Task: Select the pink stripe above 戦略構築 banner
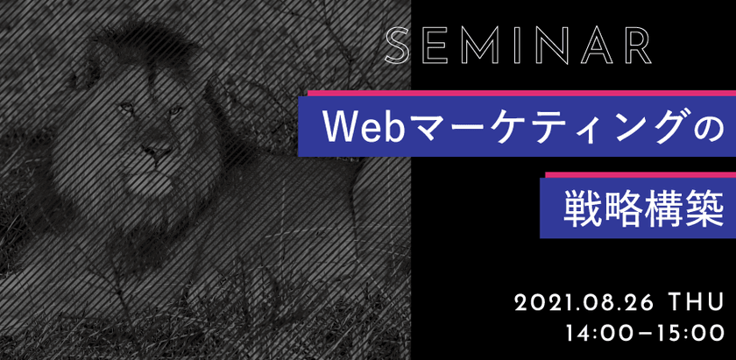631,175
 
